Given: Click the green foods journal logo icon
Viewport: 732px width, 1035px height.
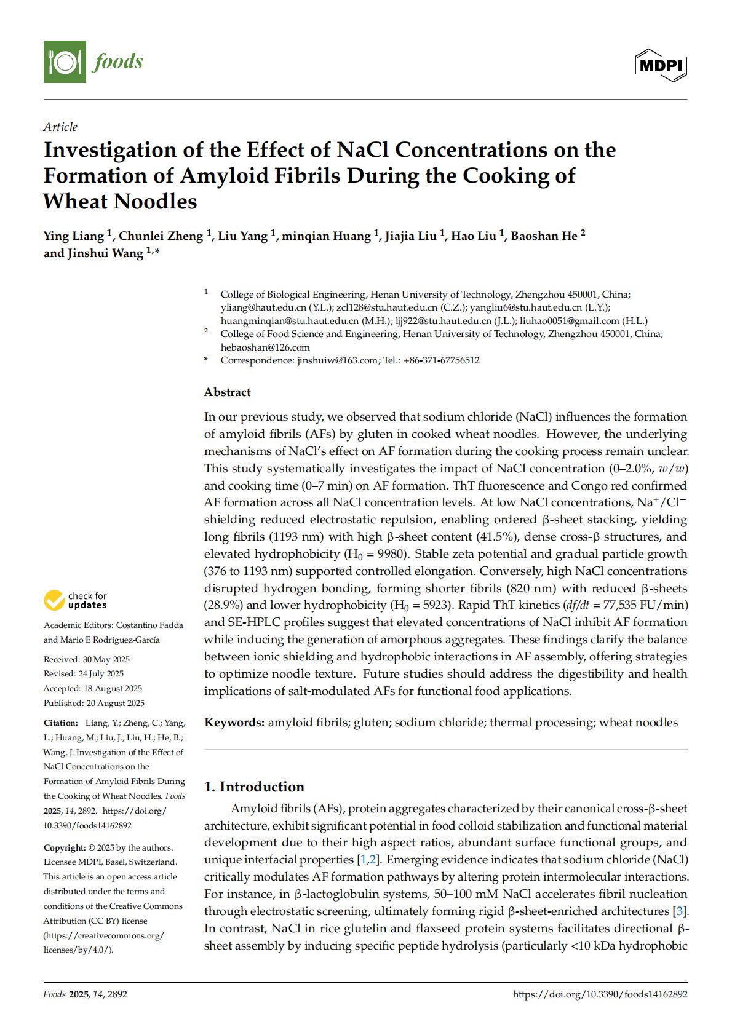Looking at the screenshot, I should pos(65,61).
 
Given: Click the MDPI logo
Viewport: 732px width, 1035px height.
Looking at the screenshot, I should pos(661,65).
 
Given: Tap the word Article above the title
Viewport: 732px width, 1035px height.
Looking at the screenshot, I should pos(60,127).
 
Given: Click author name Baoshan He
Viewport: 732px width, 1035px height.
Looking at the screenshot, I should pos(544,236).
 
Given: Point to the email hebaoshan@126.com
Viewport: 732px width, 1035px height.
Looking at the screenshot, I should pos(265,347).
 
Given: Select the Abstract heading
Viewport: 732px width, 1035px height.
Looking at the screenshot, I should pos(228,392).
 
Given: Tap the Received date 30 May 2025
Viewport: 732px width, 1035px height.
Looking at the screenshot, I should pos(105,659).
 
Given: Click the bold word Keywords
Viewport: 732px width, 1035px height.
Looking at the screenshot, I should pos(234,723).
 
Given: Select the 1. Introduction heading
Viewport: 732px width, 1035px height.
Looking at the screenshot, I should pos(254,787).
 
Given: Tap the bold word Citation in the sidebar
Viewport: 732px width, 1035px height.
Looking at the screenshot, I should pos(60,723).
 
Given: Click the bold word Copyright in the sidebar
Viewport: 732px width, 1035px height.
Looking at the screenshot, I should pos(65,847).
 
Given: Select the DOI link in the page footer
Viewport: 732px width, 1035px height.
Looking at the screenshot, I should pos(600,994).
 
